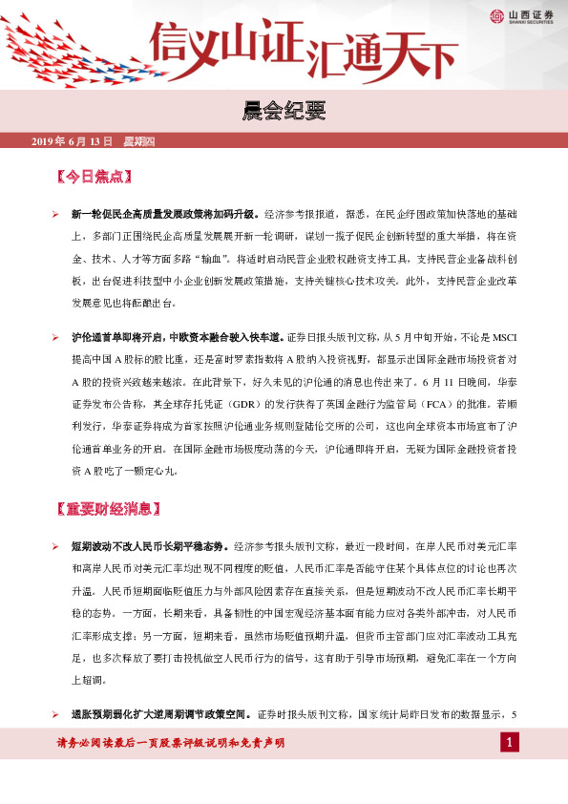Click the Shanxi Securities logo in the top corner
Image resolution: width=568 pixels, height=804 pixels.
(523, 14)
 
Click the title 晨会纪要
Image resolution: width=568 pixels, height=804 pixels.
(284, 113)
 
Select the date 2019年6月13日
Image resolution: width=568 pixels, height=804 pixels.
(72, 141)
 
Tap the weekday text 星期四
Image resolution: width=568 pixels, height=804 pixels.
(139, 141)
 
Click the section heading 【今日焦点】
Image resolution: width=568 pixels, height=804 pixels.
(93, 178)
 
